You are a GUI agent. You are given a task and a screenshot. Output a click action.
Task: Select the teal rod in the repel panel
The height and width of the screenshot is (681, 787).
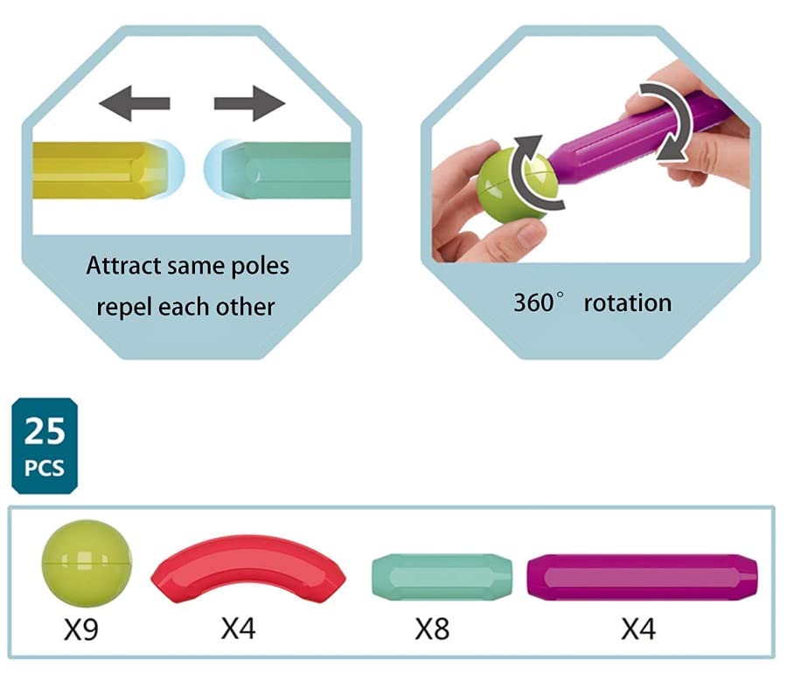click(x=284, y=170)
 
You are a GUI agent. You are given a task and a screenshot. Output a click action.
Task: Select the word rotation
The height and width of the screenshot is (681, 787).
click(x=628, y=303)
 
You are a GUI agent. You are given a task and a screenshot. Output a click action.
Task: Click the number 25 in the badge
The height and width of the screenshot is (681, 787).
click(x=45, y=432)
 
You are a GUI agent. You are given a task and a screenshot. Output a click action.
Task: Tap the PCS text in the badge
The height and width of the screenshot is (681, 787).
click(x=45, y=468)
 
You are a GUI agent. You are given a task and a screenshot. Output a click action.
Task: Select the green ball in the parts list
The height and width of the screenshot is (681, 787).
click(x=87, y=556)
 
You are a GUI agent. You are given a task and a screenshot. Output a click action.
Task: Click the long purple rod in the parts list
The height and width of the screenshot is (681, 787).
click(x=641, y=578)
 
